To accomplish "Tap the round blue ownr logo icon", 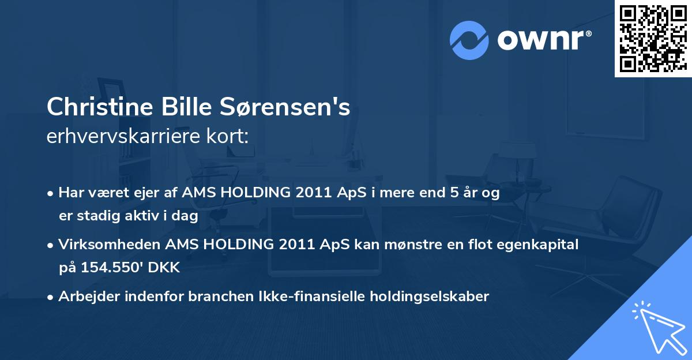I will pyautogui.click(x=469, y=40).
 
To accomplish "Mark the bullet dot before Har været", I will pyautogui.click(x=51, y=193).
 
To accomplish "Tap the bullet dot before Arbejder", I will pyautogui.click(x=51, y=297).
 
